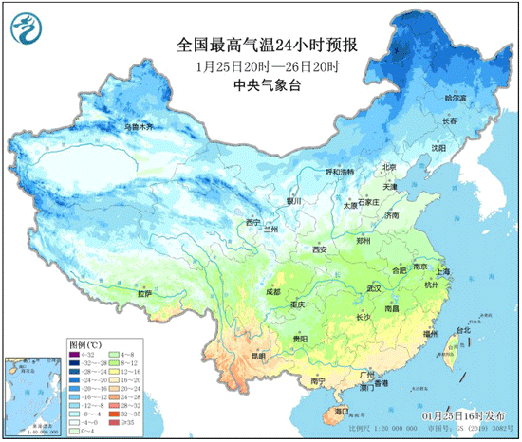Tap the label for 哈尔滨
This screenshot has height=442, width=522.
pyautogui.click(x=457, y=98)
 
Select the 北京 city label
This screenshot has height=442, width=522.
pyautogui.click(x=387, y=167)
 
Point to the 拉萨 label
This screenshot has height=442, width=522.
pyautogui.click(x=144, y=294)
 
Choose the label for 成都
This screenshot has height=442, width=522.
pyautogui.click(x=274, y=292)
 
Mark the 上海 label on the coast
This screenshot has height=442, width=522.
pyautogui.click(x=450, y=272)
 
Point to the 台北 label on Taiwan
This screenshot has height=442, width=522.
pyautogui.click(x=463, y=330)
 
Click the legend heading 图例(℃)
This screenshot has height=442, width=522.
pyautogui.click(x=84, y=342)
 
